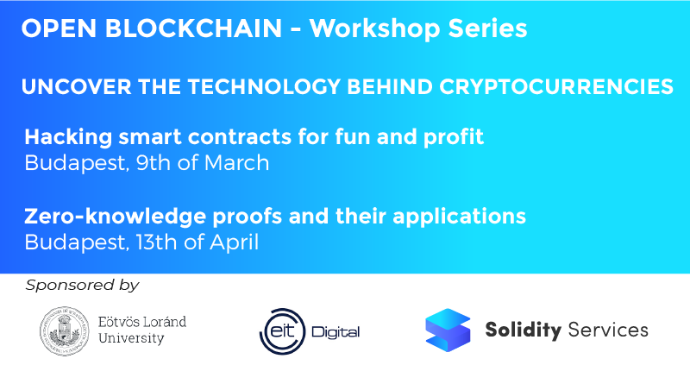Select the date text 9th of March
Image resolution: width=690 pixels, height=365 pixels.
202,162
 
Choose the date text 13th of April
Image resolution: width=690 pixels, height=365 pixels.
197,241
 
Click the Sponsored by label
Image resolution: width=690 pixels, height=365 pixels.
82,285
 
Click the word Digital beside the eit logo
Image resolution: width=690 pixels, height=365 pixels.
337,332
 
